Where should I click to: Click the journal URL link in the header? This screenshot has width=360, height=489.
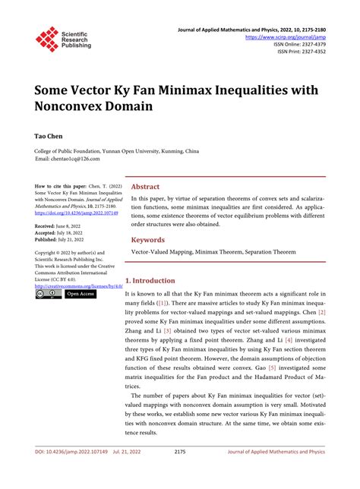point(284,36)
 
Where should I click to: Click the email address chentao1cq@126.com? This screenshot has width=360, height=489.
point(71,159)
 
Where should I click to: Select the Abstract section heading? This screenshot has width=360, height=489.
point(145,186)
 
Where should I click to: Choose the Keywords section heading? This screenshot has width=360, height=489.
point(148,239)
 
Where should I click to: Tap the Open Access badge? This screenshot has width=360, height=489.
point(81,293)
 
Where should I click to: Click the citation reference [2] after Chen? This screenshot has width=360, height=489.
point(322,311)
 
